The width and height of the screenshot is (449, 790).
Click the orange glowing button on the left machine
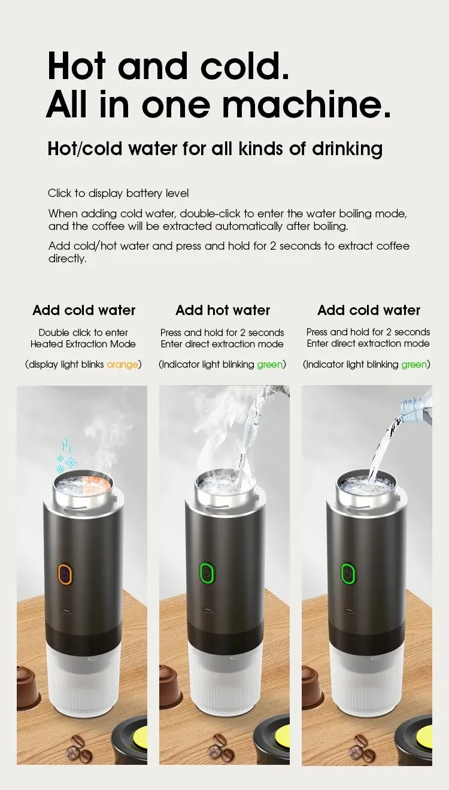click(x=65, y=573)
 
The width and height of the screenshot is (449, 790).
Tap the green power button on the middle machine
click(x=207, y=573)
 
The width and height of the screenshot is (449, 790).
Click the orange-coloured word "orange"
click(x=122, y=364)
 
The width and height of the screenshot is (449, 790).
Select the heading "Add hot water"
click(x=223, y=310)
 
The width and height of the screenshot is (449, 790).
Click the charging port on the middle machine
click(x=207, y=611)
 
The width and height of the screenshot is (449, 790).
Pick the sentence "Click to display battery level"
click(x=118, y=193)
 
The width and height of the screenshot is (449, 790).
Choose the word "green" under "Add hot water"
click(x=270, y=364)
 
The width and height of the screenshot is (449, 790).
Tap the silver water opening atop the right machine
click(x=366, y=482)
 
